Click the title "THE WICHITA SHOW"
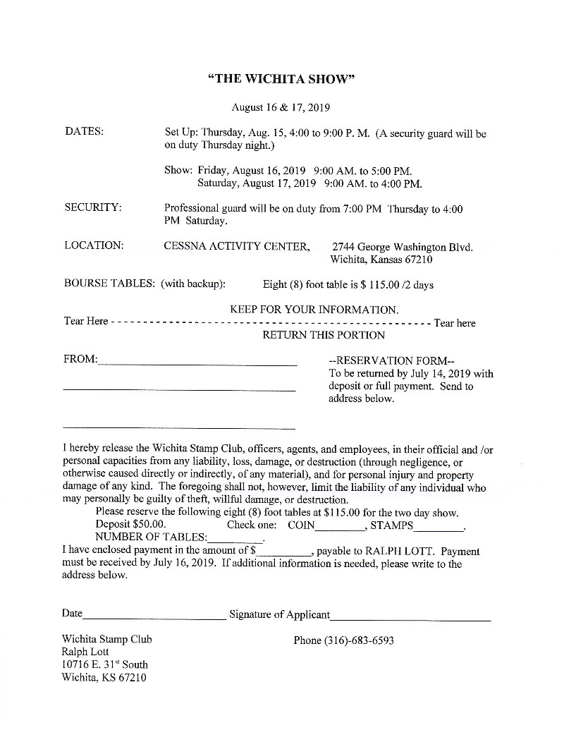click(281, 78)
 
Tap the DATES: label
click(84, 132)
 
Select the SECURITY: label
click(93, 207)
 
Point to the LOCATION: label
click(94, 245)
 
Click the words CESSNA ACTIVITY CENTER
click(237, 246)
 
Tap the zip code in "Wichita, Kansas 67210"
click(417, 260)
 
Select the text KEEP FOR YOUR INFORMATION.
click(314, 310)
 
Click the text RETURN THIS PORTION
click(324, 335)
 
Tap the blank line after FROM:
click(197, 363)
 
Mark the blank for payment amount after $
click(283, 554)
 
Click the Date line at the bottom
click(153, 618)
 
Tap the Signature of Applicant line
click(410, 619)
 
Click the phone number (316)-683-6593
click(344, 640)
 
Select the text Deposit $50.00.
click(131, 525)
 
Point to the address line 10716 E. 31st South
click(105, 664)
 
